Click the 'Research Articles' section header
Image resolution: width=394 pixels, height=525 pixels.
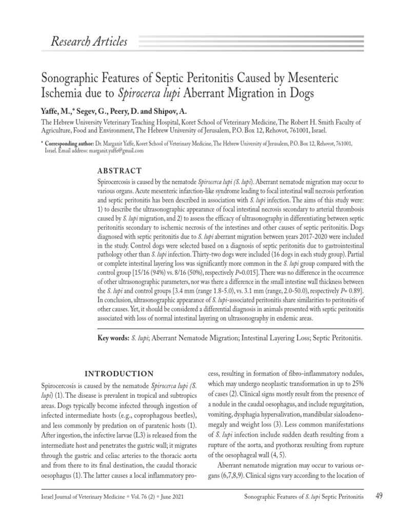[89, 42]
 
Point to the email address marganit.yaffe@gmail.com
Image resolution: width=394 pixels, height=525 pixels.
[116, 151]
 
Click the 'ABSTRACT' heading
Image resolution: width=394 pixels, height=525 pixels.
[120, 171]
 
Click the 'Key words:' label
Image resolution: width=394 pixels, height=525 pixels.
[112, 338]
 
